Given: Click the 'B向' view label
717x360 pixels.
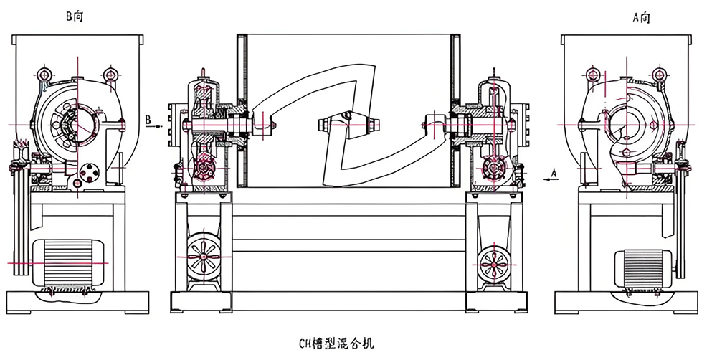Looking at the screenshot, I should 75,16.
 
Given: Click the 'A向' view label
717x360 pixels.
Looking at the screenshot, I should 640,16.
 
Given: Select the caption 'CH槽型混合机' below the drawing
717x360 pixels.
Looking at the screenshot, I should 336,344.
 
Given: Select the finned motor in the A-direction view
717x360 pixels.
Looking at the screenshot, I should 642,267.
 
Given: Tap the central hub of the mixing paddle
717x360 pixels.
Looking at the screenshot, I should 348,124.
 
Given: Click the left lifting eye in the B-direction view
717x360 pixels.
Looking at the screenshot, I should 44,74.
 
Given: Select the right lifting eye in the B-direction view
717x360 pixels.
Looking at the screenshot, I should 110,74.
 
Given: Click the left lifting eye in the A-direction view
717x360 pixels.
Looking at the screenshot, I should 592,74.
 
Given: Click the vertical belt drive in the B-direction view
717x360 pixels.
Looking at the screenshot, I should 18,215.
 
